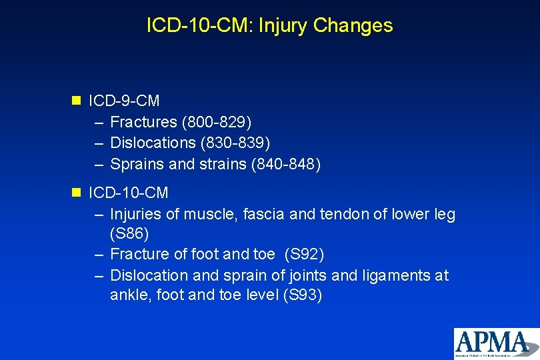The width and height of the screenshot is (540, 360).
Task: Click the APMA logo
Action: [496, 343]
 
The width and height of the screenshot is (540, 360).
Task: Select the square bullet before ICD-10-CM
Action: [76, 193]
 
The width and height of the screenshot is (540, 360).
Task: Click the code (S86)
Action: [129, 234]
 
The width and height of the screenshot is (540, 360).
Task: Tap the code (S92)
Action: [304, 255]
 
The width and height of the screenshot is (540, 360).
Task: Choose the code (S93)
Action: [302, 295]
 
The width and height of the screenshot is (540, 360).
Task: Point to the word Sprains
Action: [133, 163]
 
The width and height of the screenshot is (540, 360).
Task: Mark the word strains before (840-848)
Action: [223, 163]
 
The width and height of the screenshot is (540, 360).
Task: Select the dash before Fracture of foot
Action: [98, 255]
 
